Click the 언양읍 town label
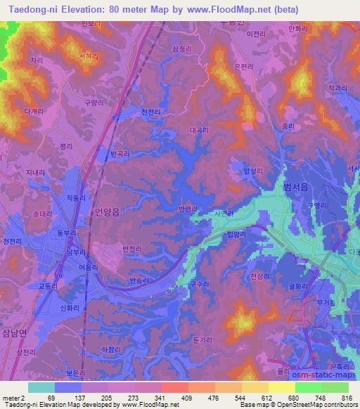click(107, 210)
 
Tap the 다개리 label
click(33, 111)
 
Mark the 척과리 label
click(336, 88)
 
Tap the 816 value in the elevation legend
click(345, 398)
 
